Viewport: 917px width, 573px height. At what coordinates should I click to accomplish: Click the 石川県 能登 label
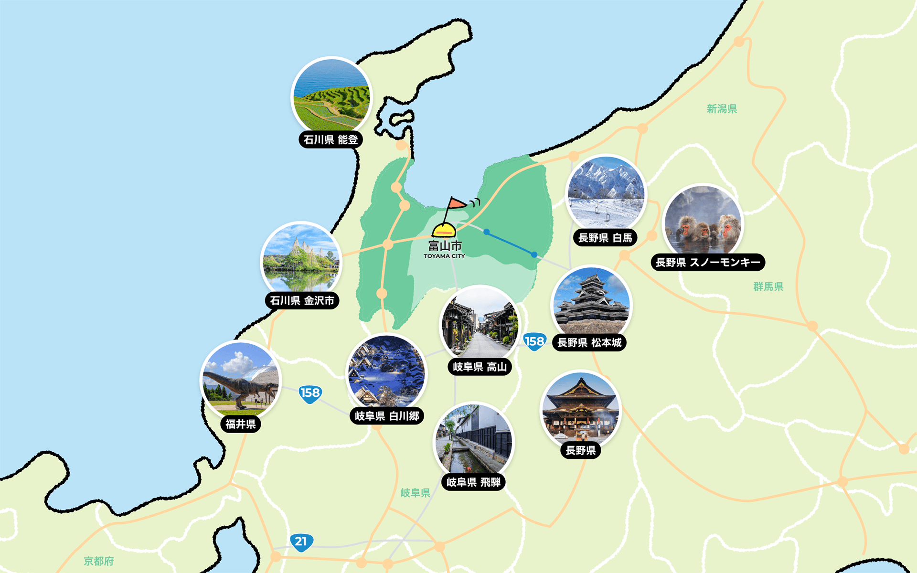(x=331, y=140)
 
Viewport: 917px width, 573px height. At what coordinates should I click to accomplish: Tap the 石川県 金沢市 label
(x=302, y=301)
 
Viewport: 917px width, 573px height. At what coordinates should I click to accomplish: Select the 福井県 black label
(x=241, y=424)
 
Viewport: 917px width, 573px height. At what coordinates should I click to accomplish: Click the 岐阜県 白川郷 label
(x=387, y=416)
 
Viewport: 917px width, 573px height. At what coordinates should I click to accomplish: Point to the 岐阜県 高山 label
(x=480, y=367)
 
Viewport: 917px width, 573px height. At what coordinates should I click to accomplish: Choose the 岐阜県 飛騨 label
(x=473, y=482)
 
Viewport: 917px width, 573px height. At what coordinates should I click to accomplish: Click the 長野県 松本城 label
(x=589, y=343)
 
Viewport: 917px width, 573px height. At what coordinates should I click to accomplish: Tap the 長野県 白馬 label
(x=605, y=238)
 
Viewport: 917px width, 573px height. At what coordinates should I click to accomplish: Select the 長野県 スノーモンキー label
(x=708, y=263)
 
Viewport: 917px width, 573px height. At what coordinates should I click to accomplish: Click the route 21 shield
(x=301, y=542)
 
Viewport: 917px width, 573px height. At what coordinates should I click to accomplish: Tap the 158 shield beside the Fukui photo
(x=310, y=393)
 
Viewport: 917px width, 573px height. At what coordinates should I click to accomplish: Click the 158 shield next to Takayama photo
(x=534, y=341)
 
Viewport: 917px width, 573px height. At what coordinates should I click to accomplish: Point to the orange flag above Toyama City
(x=456, y=204)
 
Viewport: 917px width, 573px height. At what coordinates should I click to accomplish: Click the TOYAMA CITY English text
(x=444, y=256)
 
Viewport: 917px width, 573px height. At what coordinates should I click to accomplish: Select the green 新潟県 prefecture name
(x=722, y=109)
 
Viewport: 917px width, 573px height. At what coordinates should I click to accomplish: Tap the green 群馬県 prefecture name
(x=768, y=286)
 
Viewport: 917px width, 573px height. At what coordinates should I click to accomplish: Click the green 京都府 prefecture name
(x=99, y=561)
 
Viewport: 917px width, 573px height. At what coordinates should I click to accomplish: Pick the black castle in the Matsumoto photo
(x=591, y=301)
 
